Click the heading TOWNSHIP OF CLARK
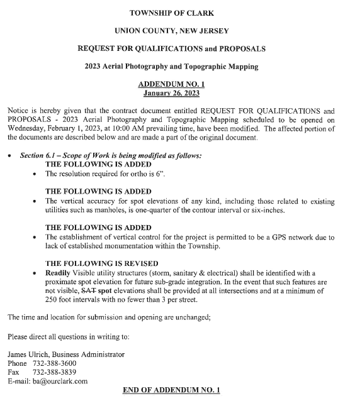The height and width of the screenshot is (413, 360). [179, 13]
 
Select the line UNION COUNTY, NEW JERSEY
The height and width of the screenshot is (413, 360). [179, 30]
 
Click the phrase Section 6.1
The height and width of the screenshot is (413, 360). [39, 155]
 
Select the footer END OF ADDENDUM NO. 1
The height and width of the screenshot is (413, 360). [171, 390]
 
